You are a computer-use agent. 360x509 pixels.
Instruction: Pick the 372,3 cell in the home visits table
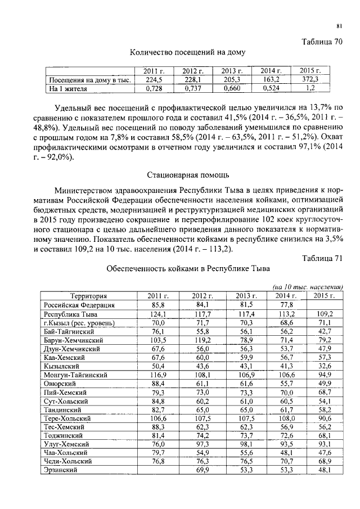coord(309,80)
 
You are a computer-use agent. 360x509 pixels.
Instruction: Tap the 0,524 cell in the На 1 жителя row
coord(271,88)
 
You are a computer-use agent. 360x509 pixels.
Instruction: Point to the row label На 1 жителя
coord(65,88)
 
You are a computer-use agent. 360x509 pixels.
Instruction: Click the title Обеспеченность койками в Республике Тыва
coord(188,268)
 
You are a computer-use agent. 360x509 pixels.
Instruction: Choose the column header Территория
coord(88,295)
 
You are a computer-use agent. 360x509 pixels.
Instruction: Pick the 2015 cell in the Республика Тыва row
coord(323,313)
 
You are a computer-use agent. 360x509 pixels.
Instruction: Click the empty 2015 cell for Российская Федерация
coord(323,304)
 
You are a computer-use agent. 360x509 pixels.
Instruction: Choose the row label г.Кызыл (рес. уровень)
coord(79,322)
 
